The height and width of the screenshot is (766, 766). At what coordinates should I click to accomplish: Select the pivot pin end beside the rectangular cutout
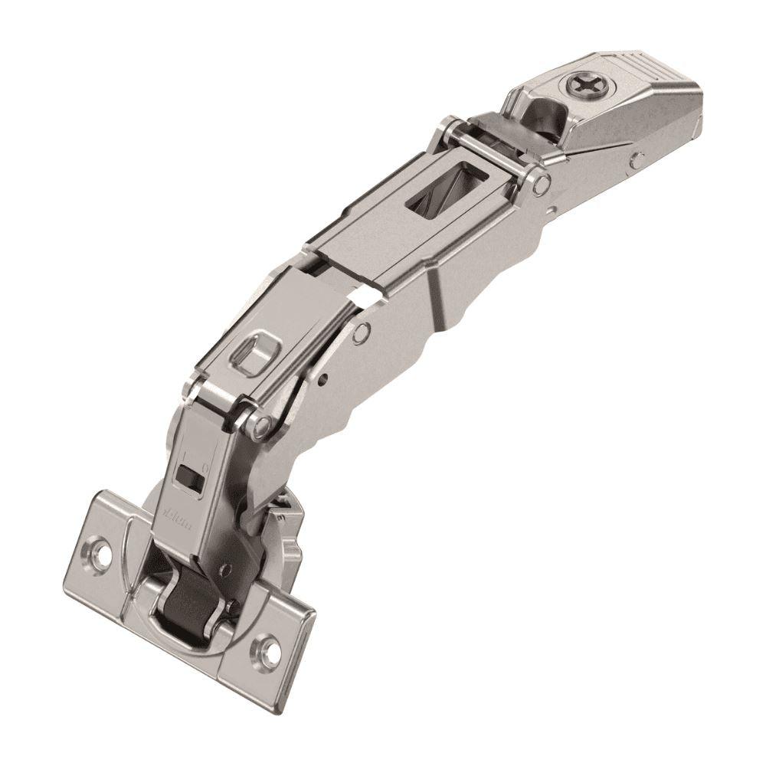click(x=542, y=184)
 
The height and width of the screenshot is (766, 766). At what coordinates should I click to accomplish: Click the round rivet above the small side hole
click(x=362, y=331)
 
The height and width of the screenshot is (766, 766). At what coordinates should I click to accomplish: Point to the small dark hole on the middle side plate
click(x=325, y=377)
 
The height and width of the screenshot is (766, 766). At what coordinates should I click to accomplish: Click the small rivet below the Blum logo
click(x=226, y=568)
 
